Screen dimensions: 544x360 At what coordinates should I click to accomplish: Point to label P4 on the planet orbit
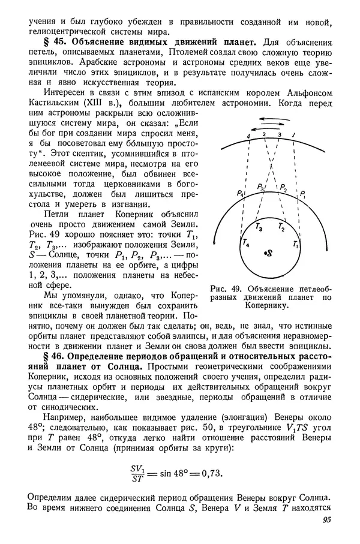pos(241,193)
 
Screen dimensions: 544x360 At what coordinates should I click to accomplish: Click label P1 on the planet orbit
pos(303,193)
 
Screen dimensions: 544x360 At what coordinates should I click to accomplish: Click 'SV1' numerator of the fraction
pos(139,465)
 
